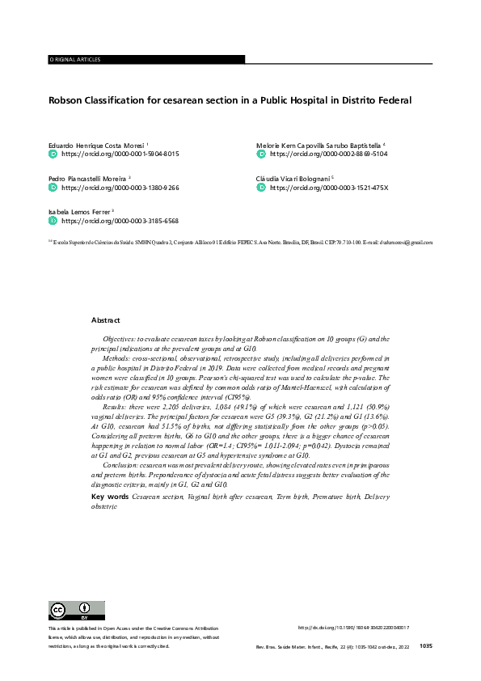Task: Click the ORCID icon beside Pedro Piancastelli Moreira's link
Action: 53,187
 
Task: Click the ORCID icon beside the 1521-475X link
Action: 260,187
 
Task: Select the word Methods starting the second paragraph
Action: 116,356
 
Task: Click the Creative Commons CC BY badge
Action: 77,611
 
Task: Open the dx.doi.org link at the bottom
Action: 353,628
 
